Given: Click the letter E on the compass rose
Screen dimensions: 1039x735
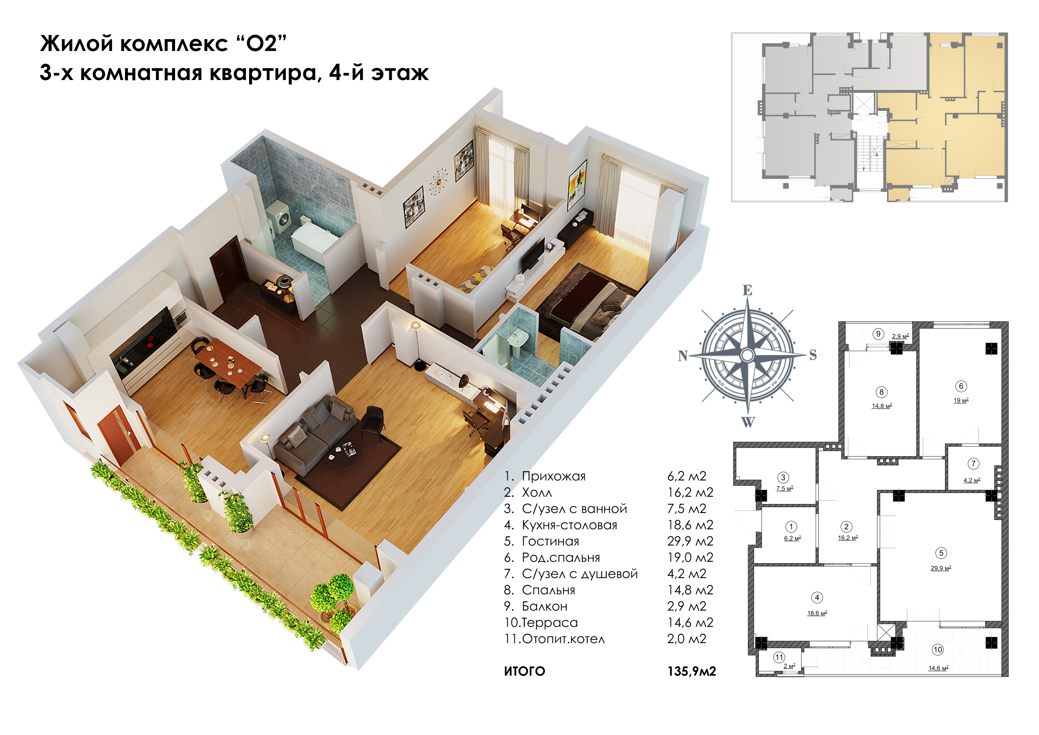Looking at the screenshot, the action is point(747,290).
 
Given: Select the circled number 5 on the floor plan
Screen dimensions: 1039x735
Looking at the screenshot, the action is point(941,553).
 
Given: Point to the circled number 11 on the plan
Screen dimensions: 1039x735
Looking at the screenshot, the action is point(779,657).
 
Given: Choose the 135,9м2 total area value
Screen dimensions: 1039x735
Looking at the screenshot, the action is point(692,671).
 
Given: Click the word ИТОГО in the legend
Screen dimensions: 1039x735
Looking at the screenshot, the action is point(525,672).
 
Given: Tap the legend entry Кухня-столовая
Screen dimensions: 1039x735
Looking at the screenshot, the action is point(569,525).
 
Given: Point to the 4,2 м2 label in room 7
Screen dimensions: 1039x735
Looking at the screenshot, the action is point(971,480).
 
